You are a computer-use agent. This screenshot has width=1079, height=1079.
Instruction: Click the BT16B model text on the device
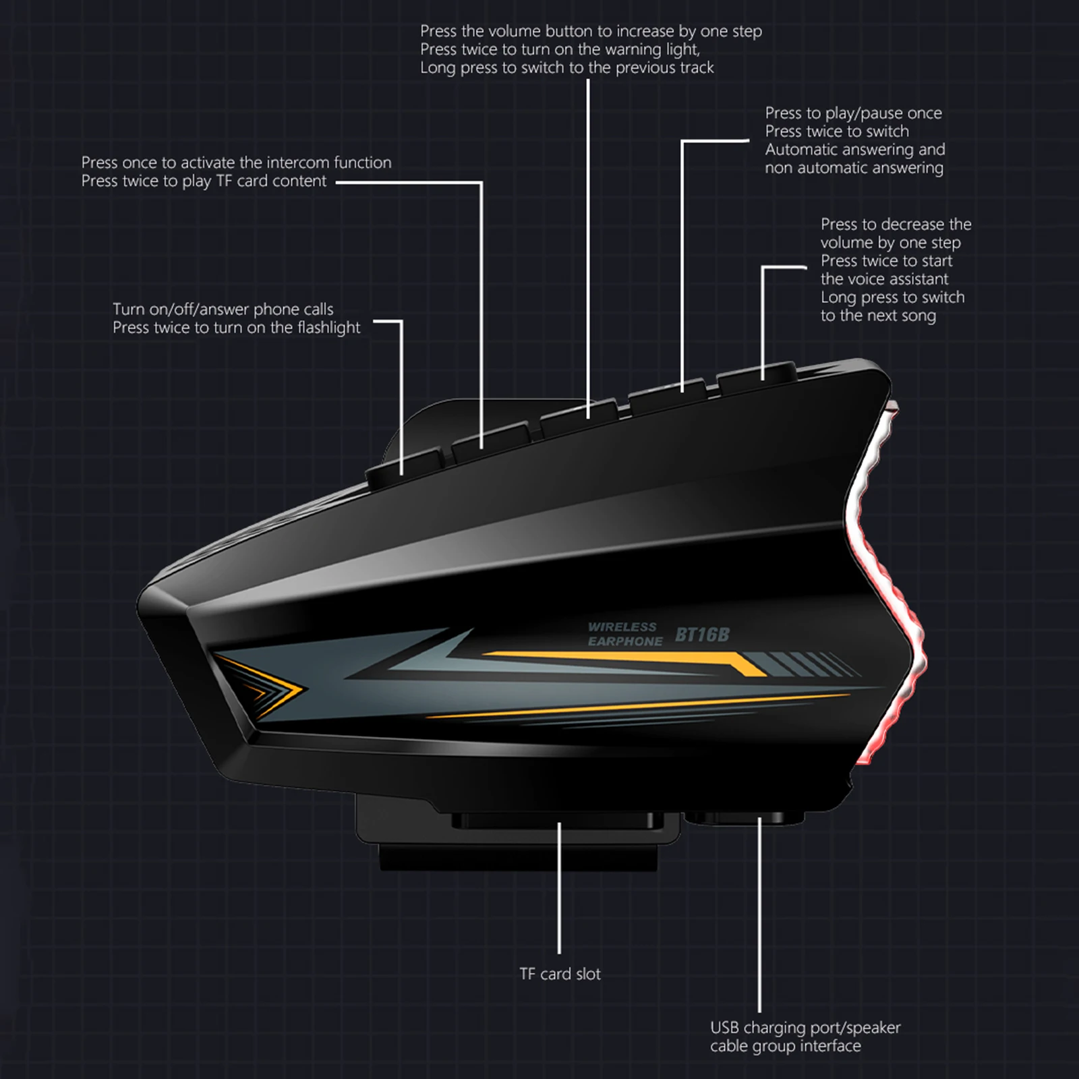[702, 635]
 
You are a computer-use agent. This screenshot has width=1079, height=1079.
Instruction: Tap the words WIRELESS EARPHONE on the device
[621, 635]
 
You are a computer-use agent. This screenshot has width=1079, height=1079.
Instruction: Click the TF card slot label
[560, 974]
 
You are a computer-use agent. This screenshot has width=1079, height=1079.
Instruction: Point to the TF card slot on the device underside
[553, 821]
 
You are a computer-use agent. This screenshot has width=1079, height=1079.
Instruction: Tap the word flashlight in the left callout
[322, 328]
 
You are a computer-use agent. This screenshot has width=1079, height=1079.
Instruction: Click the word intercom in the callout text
[297, 163]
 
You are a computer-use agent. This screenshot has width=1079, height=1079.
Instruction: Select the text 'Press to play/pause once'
[853, 113]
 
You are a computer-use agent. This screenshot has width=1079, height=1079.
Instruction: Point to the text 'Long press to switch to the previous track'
[566, 67]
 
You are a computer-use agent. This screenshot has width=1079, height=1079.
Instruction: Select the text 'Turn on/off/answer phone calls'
[223, 310]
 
